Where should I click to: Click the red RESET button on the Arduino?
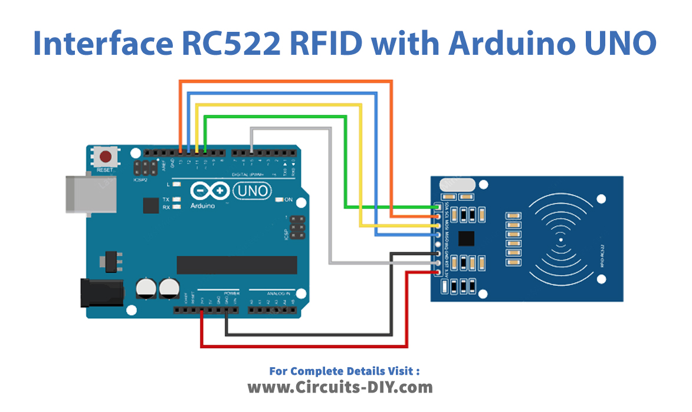[106, 157]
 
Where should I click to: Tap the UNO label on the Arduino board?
[252, 191]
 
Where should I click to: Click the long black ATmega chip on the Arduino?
[237, 265]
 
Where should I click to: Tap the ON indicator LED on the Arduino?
[279, 200]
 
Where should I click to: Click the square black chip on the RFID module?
[467, 238]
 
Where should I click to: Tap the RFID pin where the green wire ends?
[438, 207]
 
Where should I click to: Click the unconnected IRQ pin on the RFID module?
[438, 245]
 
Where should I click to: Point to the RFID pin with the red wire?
[438, 272]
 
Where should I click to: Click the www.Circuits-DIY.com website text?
[340, 387]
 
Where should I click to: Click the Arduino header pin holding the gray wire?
[252, 153]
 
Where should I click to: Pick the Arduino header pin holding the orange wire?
[181, 153]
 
